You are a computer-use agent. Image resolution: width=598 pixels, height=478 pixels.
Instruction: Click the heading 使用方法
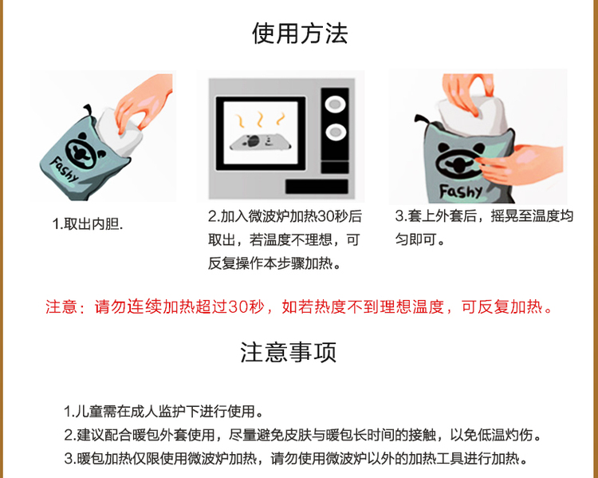click(x=300, y=34)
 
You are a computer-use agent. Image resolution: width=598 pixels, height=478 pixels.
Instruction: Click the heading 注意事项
click(x=289, y=352)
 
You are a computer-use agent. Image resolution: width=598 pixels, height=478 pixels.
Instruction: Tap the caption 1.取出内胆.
click(x=88, y=224)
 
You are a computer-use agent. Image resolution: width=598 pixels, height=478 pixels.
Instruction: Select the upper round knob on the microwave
click(x=335, y=104)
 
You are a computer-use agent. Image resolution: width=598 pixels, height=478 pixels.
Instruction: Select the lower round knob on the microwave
click(x=336, y=132)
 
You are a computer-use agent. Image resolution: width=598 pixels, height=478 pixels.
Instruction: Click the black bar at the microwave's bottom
click(x=317, y=187)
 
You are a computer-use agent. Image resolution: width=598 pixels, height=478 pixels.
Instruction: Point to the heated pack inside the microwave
click(x=260, y=142)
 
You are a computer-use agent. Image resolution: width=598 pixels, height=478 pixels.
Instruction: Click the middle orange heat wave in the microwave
click(x=260, y=119)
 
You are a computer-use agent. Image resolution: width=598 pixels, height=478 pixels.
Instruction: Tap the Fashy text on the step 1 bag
click(x=64, y=169)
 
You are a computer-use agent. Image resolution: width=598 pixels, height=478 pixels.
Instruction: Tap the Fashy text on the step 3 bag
click(x=461, y=191)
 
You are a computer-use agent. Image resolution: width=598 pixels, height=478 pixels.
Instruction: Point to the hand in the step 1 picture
click(x=145, y=101)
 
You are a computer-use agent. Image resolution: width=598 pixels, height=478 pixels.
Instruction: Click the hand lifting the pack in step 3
click(x=466, y=93)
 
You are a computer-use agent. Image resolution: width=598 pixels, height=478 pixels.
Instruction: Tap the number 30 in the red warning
click(x=238, y=307)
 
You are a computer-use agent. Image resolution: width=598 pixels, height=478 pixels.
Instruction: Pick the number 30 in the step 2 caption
click(x=326, y=216)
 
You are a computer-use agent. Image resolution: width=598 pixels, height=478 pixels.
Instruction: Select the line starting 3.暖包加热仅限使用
click(x=297, y=459)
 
